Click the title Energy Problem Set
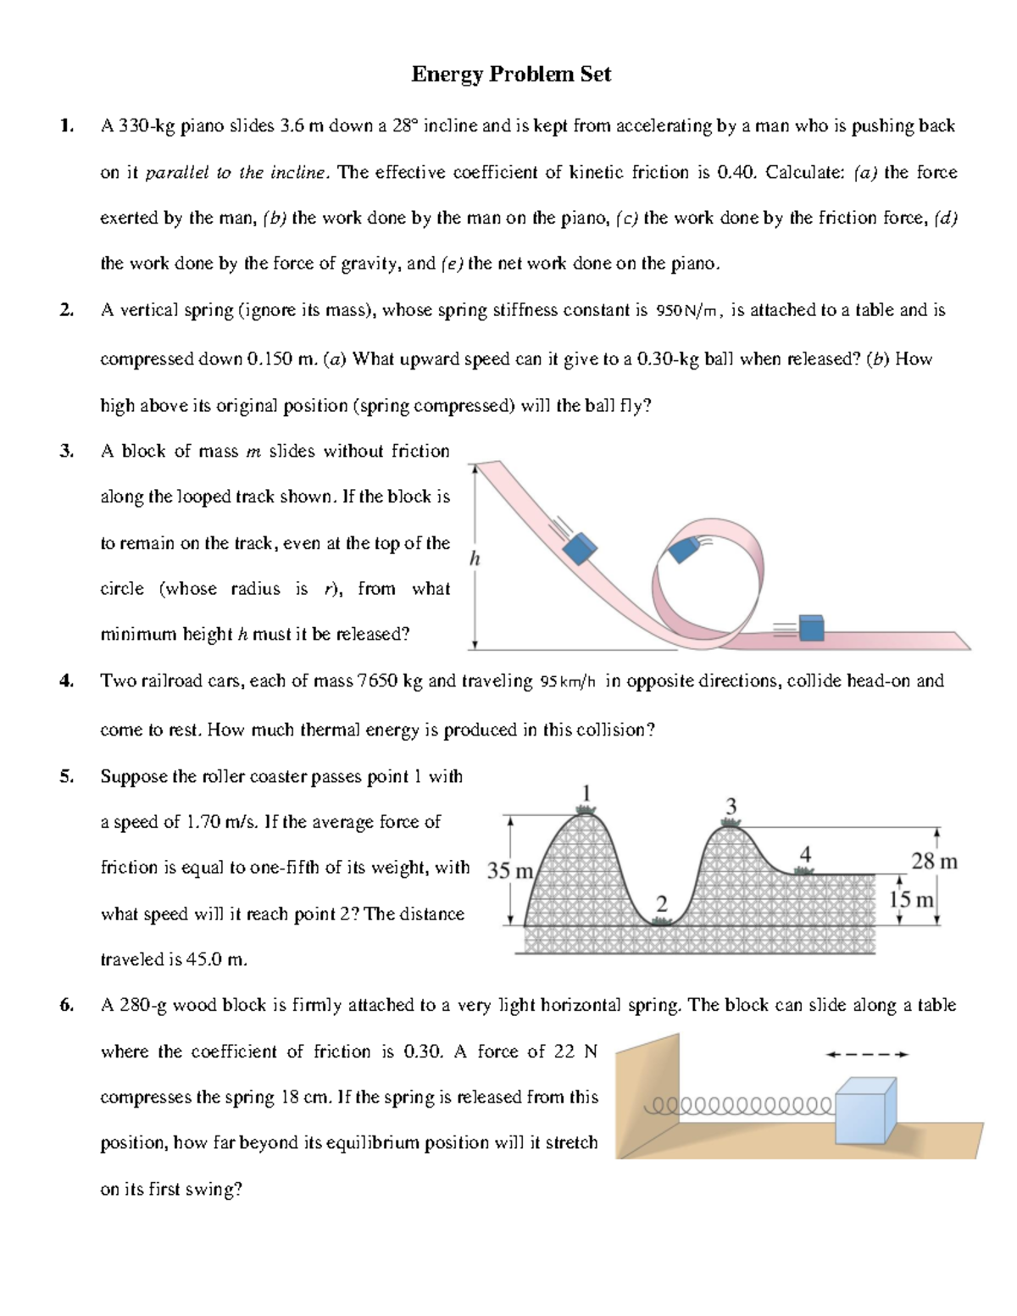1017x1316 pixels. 510,75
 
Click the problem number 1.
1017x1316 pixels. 66,126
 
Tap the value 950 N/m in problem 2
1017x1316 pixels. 689,311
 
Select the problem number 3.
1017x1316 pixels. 66,451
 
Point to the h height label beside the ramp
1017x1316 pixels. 475,558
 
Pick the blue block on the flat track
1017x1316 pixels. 812,628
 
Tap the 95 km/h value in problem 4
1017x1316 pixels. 568,682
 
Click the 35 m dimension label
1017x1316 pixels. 509,871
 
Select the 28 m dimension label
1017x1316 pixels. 934,862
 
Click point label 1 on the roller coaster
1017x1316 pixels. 584,791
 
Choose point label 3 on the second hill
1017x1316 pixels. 731,804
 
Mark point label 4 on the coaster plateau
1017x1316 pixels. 805,855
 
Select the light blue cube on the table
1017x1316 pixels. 864,1113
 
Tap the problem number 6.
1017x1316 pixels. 66,1006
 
